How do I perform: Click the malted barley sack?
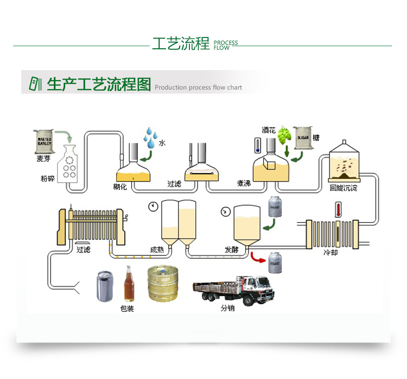click(x=44, y=141)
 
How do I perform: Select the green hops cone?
click(x=284, y=134)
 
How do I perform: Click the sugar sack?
click(x=303, y=137)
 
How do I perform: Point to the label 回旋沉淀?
click(x=343, y=188)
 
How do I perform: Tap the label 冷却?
click(x=331, y=252)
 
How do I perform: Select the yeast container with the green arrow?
click(x=276, y=207)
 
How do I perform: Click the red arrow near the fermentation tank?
click(x=258, y=258)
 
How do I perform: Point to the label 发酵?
click(x=232, y=249)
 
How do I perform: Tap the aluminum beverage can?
click(x=104, y=286)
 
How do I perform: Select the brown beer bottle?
click(x=129, y=284)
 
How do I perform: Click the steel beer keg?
click(x=163, y=284)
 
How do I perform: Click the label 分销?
click(x=227, y=309)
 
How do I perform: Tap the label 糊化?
click(x=120, y=187)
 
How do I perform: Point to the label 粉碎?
click(x=47, y=179)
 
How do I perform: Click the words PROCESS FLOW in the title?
click(x=225, y=45)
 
